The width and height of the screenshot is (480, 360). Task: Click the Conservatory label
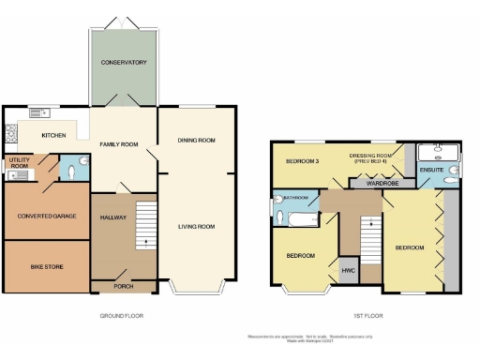125,63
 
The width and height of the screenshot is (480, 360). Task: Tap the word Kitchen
53,136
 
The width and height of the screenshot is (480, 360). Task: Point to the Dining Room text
197,141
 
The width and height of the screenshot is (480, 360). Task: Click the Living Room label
197,226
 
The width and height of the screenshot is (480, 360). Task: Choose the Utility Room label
19,164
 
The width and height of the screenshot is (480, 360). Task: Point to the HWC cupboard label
349,272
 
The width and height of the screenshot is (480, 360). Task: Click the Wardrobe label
382,183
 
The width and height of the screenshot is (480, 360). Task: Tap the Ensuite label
431,170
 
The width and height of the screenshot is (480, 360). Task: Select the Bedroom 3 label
303,161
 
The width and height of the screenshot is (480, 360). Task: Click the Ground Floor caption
122,316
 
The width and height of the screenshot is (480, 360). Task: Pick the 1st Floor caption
363,316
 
